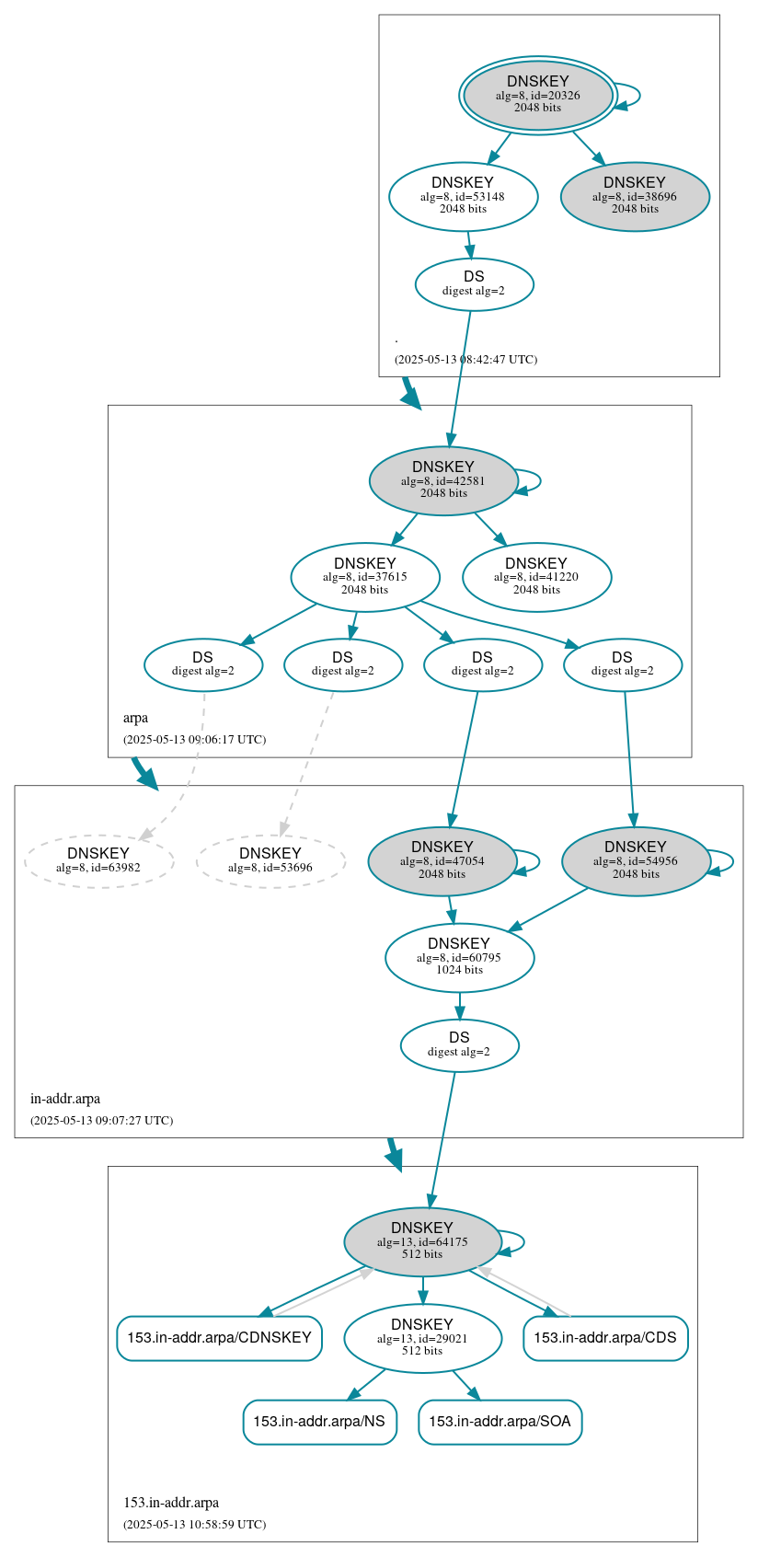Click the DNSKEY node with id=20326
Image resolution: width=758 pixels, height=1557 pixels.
tap(538, 95)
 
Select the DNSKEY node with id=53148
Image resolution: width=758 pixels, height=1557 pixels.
tap(463, 196)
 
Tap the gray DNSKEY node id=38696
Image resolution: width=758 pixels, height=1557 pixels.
tap(635, 196)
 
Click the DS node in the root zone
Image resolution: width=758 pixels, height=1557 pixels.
tap(474, 283)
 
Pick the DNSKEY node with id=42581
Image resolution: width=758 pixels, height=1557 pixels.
tap(443, 480)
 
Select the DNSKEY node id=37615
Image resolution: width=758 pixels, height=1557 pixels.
tap(365, 577)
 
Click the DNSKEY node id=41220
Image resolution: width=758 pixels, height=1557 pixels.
tap(536, 577)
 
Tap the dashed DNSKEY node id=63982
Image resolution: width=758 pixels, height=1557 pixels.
tap(98, 860)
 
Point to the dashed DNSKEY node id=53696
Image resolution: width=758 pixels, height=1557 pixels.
tap(270, 860)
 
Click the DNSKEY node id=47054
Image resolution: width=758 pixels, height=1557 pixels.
tap(442, 860)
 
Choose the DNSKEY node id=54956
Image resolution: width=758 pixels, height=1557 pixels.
tap(636, 860)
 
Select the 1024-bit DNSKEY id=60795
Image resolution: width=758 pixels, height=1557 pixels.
tap(459, 957)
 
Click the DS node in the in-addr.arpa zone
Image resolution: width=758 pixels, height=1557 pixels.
tap(459, 1044)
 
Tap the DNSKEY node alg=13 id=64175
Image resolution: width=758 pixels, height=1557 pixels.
tap(422, 1241)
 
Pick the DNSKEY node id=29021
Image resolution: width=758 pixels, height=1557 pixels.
tap(422, 1338)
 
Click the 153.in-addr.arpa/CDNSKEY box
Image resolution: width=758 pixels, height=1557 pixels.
tap(219, 1338)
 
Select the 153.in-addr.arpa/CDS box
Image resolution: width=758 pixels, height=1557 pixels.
tap(605, 1338)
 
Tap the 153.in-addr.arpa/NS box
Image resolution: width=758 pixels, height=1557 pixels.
tap(319, 1422)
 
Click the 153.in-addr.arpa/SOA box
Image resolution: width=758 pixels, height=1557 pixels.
tap(500, 1422)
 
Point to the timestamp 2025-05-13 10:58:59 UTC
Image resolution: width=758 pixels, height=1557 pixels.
tap(194, 1524)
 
